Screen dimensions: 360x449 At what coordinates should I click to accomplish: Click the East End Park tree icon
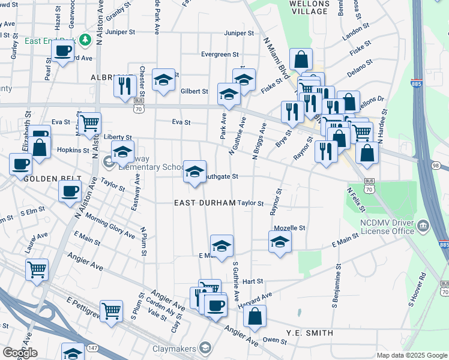point(85,40)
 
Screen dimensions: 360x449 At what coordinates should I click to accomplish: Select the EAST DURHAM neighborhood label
point(205,203)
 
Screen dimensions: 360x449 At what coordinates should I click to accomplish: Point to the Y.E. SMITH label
point(310,333)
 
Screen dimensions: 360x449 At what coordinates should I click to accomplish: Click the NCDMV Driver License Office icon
point(424,225)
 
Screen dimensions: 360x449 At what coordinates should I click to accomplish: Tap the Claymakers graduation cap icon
point(206,348)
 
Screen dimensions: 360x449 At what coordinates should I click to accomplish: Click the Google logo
point(20,353)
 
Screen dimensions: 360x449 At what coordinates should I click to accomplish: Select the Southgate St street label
point(220,177)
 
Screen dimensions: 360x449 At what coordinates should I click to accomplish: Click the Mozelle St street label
point(290,228)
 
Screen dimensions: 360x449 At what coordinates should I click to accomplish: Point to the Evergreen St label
point(220,55)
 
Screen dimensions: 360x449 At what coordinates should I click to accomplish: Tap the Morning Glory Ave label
point(110,223)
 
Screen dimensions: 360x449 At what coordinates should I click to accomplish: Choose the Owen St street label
point(275,340)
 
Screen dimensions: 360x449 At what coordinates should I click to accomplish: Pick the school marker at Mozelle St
point(279,243)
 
